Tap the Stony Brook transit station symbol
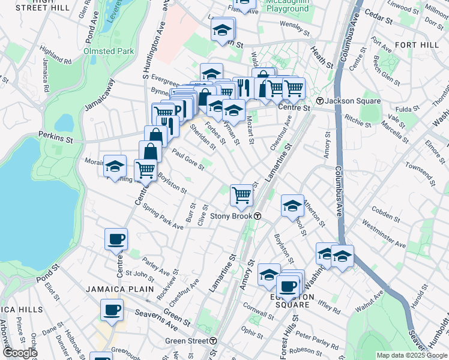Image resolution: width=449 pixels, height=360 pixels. coord(258,216)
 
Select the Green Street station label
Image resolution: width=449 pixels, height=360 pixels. coord(186,341)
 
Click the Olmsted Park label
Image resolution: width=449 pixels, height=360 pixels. coord(109,52)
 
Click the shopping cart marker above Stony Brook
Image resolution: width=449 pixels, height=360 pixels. coord(241,194)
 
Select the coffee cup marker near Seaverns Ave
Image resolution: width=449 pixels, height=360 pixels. coord(112,310)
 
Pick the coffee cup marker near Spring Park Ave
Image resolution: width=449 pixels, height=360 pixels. coord(116,239)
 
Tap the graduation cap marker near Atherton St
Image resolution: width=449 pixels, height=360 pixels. coord(292,206)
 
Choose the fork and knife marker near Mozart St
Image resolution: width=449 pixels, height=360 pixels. coord(243,87)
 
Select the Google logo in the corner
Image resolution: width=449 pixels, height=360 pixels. coord(19,353)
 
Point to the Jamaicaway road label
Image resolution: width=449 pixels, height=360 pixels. coord(97,95)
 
